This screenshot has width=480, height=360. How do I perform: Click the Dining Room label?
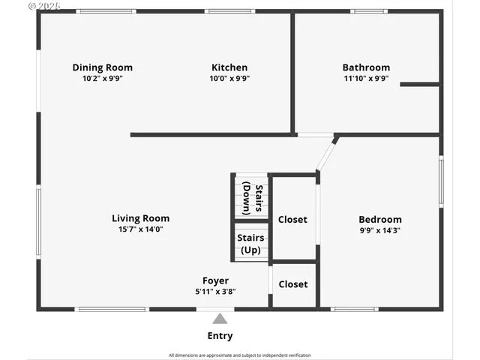click(102, 67)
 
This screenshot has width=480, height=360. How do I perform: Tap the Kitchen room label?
click(229, 67)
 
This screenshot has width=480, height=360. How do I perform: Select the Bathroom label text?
click(366, 67)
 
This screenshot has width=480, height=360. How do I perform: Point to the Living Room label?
click(140, 219)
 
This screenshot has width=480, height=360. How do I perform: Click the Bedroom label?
click(380, 220)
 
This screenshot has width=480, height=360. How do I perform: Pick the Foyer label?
click(215, 281)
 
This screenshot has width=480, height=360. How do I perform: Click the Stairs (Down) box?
click(250, 198)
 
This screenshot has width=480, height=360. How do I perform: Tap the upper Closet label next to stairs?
click(292, 220)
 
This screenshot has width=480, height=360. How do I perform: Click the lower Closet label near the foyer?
click(292, 284)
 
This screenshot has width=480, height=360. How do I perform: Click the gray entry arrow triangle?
click(220, 318)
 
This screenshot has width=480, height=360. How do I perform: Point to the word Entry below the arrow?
click(220, 336)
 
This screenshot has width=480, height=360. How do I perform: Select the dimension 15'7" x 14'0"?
click(140, 229)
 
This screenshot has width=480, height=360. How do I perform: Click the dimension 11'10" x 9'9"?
click(366, 78)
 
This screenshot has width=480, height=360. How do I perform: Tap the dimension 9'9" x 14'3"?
click(380, 230)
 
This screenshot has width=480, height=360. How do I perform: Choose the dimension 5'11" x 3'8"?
click(215, 292)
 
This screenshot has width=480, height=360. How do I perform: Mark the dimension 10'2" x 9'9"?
click(102, 78)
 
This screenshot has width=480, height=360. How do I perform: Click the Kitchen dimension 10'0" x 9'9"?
click(229, 78)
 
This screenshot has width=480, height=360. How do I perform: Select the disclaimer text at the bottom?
click(239, 355)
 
